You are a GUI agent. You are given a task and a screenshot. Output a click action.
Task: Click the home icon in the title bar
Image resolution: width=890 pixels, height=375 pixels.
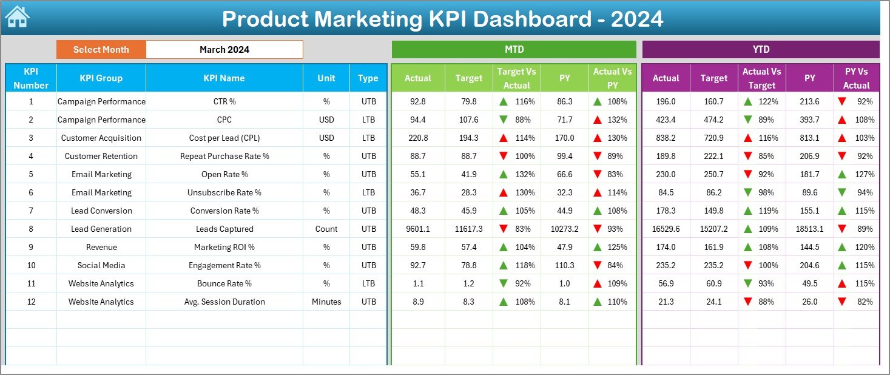pos(17,17)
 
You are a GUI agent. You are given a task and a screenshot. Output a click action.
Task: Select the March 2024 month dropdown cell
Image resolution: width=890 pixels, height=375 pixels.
pos(224,50)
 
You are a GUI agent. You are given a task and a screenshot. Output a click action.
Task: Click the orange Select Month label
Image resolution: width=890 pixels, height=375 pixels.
pos(101,50)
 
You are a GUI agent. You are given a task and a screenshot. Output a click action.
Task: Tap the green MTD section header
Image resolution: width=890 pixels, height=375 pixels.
pos(514,50)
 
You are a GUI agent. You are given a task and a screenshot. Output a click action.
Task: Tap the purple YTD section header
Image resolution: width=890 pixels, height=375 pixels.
pos(761,50)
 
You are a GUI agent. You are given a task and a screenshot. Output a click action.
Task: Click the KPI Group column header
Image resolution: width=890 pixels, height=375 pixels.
pos(101,78)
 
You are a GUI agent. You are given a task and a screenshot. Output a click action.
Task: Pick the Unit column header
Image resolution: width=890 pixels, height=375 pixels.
pos(326,78)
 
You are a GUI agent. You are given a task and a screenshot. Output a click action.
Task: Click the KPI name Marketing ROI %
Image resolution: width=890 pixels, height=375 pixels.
pos(224,247)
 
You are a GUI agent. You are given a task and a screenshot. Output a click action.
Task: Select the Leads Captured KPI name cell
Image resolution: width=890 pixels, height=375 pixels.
pos(224,229)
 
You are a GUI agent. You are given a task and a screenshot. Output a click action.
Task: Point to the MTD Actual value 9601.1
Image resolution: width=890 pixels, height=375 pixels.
pos(417,229)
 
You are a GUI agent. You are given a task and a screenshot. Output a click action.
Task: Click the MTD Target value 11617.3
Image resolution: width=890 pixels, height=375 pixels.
pos(468,229)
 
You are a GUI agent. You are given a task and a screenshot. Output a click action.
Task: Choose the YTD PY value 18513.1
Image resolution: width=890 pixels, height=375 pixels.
pos(809,229)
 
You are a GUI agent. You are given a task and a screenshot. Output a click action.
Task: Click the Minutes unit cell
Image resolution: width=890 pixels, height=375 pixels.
pos(326,302)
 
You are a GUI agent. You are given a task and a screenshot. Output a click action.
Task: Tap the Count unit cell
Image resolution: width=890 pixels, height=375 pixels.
pos(326,229)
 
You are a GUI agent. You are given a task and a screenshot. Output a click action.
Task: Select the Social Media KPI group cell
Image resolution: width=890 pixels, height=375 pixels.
pos(101,265)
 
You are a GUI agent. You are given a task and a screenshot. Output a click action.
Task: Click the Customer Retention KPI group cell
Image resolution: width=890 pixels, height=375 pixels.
pos(101,156)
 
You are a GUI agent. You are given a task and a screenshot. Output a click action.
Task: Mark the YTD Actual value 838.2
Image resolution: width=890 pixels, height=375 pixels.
pos(666,138)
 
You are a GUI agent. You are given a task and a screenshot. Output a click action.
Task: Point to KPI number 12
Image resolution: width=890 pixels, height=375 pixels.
pos(31,302)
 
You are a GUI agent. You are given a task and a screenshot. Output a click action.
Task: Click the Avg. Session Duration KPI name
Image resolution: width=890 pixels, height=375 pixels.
pos(224,302)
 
